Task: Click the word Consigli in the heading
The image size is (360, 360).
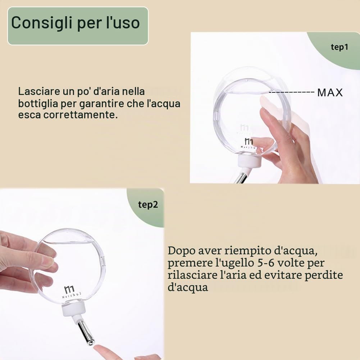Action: (41, 23)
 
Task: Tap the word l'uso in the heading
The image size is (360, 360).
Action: (123, 22)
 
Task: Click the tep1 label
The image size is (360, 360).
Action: (340, 47)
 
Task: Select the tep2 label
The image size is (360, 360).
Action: (148, 205)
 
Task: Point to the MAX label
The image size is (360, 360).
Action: (330, 92)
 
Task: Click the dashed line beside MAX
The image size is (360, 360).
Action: (291, 92)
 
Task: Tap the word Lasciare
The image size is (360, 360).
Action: (39, 91)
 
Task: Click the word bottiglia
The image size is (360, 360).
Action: (38, 104)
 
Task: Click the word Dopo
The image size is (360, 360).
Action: (181, 251)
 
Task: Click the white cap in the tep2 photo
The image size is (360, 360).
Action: (74, 309)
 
